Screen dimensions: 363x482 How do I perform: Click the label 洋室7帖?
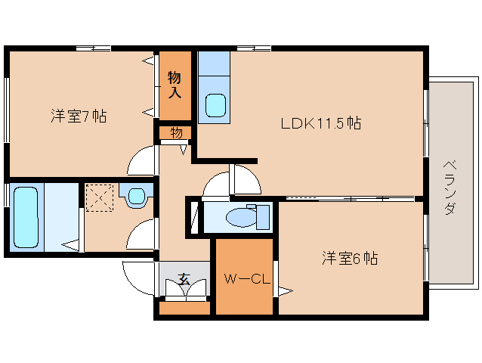pyautogui.click(x=79, y=116)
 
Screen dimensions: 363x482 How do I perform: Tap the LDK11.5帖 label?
pyautogui.click(x=321, y=123)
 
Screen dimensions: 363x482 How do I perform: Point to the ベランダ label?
pyautogui.click(x=449, y=187)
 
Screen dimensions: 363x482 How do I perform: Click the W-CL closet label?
pyautogui.click(x=246, y=279)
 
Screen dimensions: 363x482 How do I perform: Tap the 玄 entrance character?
pyautogui.click(x=184, y=280)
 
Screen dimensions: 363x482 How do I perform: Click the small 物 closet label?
pyautogui.click(x=175, y=133)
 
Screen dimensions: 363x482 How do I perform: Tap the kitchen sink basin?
pyautogui.click(x=216, y=104)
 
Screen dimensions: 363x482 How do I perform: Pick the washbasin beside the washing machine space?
pyautogui.click(x=137, y=197)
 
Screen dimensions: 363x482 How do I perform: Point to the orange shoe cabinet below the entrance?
pyautogui.click(x=184, y=308)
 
